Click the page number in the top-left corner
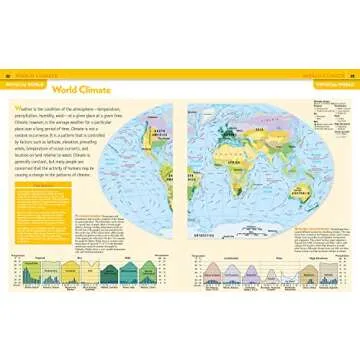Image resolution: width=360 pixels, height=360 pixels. [9, 75]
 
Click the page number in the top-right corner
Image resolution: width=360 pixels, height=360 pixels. [351, 75]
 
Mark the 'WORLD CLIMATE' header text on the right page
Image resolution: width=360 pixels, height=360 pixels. [331, 75]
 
